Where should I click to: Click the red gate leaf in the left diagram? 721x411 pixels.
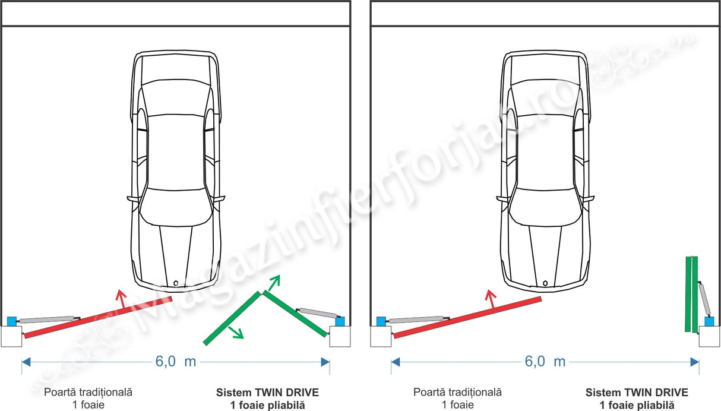(98, 317)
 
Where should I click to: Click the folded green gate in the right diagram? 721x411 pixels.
(691, 293)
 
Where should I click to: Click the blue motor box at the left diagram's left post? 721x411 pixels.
(12, 321)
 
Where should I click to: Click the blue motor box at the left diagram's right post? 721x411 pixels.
(340, 321)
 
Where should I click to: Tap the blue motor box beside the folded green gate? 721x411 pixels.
(709, 321)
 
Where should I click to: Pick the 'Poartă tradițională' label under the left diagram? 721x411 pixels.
(88, 393)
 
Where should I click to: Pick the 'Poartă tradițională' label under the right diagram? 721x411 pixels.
(458, 393)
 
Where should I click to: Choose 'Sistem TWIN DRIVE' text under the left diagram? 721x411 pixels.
(267, 393)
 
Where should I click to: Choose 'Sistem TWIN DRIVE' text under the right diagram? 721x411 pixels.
(637, 393)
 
